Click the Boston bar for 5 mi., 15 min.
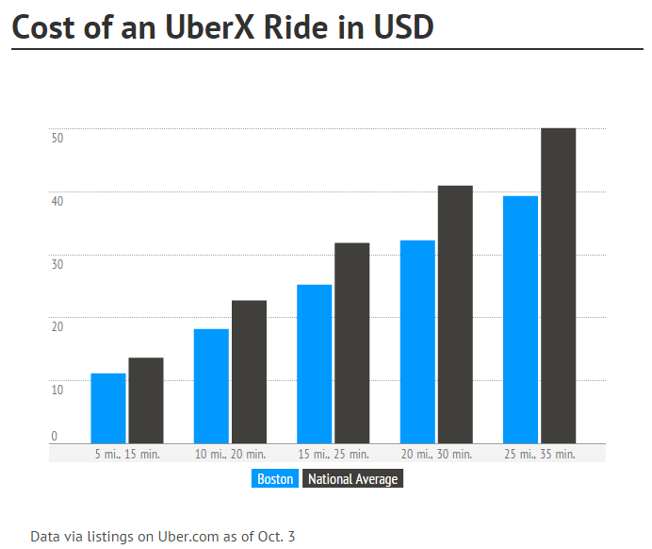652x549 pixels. [108, 408]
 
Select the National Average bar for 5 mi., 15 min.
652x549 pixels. [146, 400]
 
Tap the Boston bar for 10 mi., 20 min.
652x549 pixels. [211, 386]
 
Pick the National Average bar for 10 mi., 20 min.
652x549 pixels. [249, 372]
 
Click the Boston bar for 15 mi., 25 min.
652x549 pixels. [315, 364]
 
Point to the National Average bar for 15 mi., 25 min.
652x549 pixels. [352, 343]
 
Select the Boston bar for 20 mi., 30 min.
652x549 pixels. [417, 341]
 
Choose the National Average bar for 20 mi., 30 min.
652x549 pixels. [455, 314]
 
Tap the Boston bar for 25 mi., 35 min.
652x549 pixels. [520, 320]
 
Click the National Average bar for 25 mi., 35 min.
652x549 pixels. [558, 286]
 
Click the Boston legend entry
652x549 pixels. [275, 479]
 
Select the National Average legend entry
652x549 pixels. [353, 479]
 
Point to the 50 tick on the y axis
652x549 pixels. [57, 138]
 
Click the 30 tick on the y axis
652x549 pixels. [57, 264]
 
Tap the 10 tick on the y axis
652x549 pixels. [57, 390]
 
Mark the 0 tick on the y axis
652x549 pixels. [54, 436]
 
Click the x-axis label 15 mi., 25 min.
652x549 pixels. [333, 455]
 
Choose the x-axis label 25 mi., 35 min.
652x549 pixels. [539, 455]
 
